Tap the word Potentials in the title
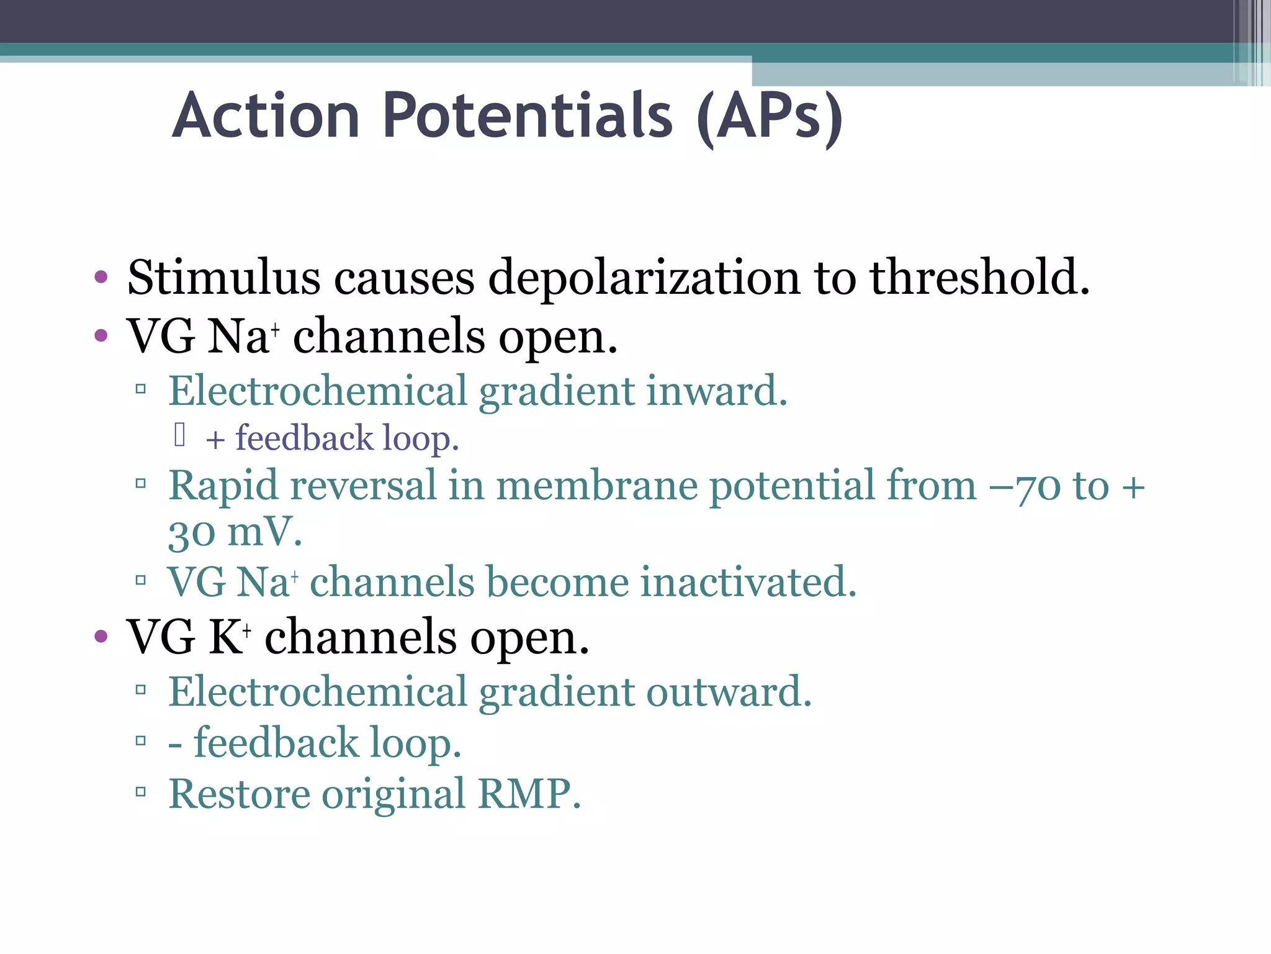tap(528, 116)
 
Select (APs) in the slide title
tap(770, 118)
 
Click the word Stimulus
tap(223, 278)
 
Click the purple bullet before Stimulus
tap(101, 276)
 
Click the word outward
tap(729, 692)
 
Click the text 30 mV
tap(235, 533)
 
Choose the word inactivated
tap(748, 583)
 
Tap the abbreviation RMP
tap(529, 794)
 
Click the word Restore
tap(239, 794)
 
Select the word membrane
tap(596, 486)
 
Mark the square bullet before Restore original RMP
tap(141, 792)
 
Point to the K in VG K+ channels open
tap(225, 638)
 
